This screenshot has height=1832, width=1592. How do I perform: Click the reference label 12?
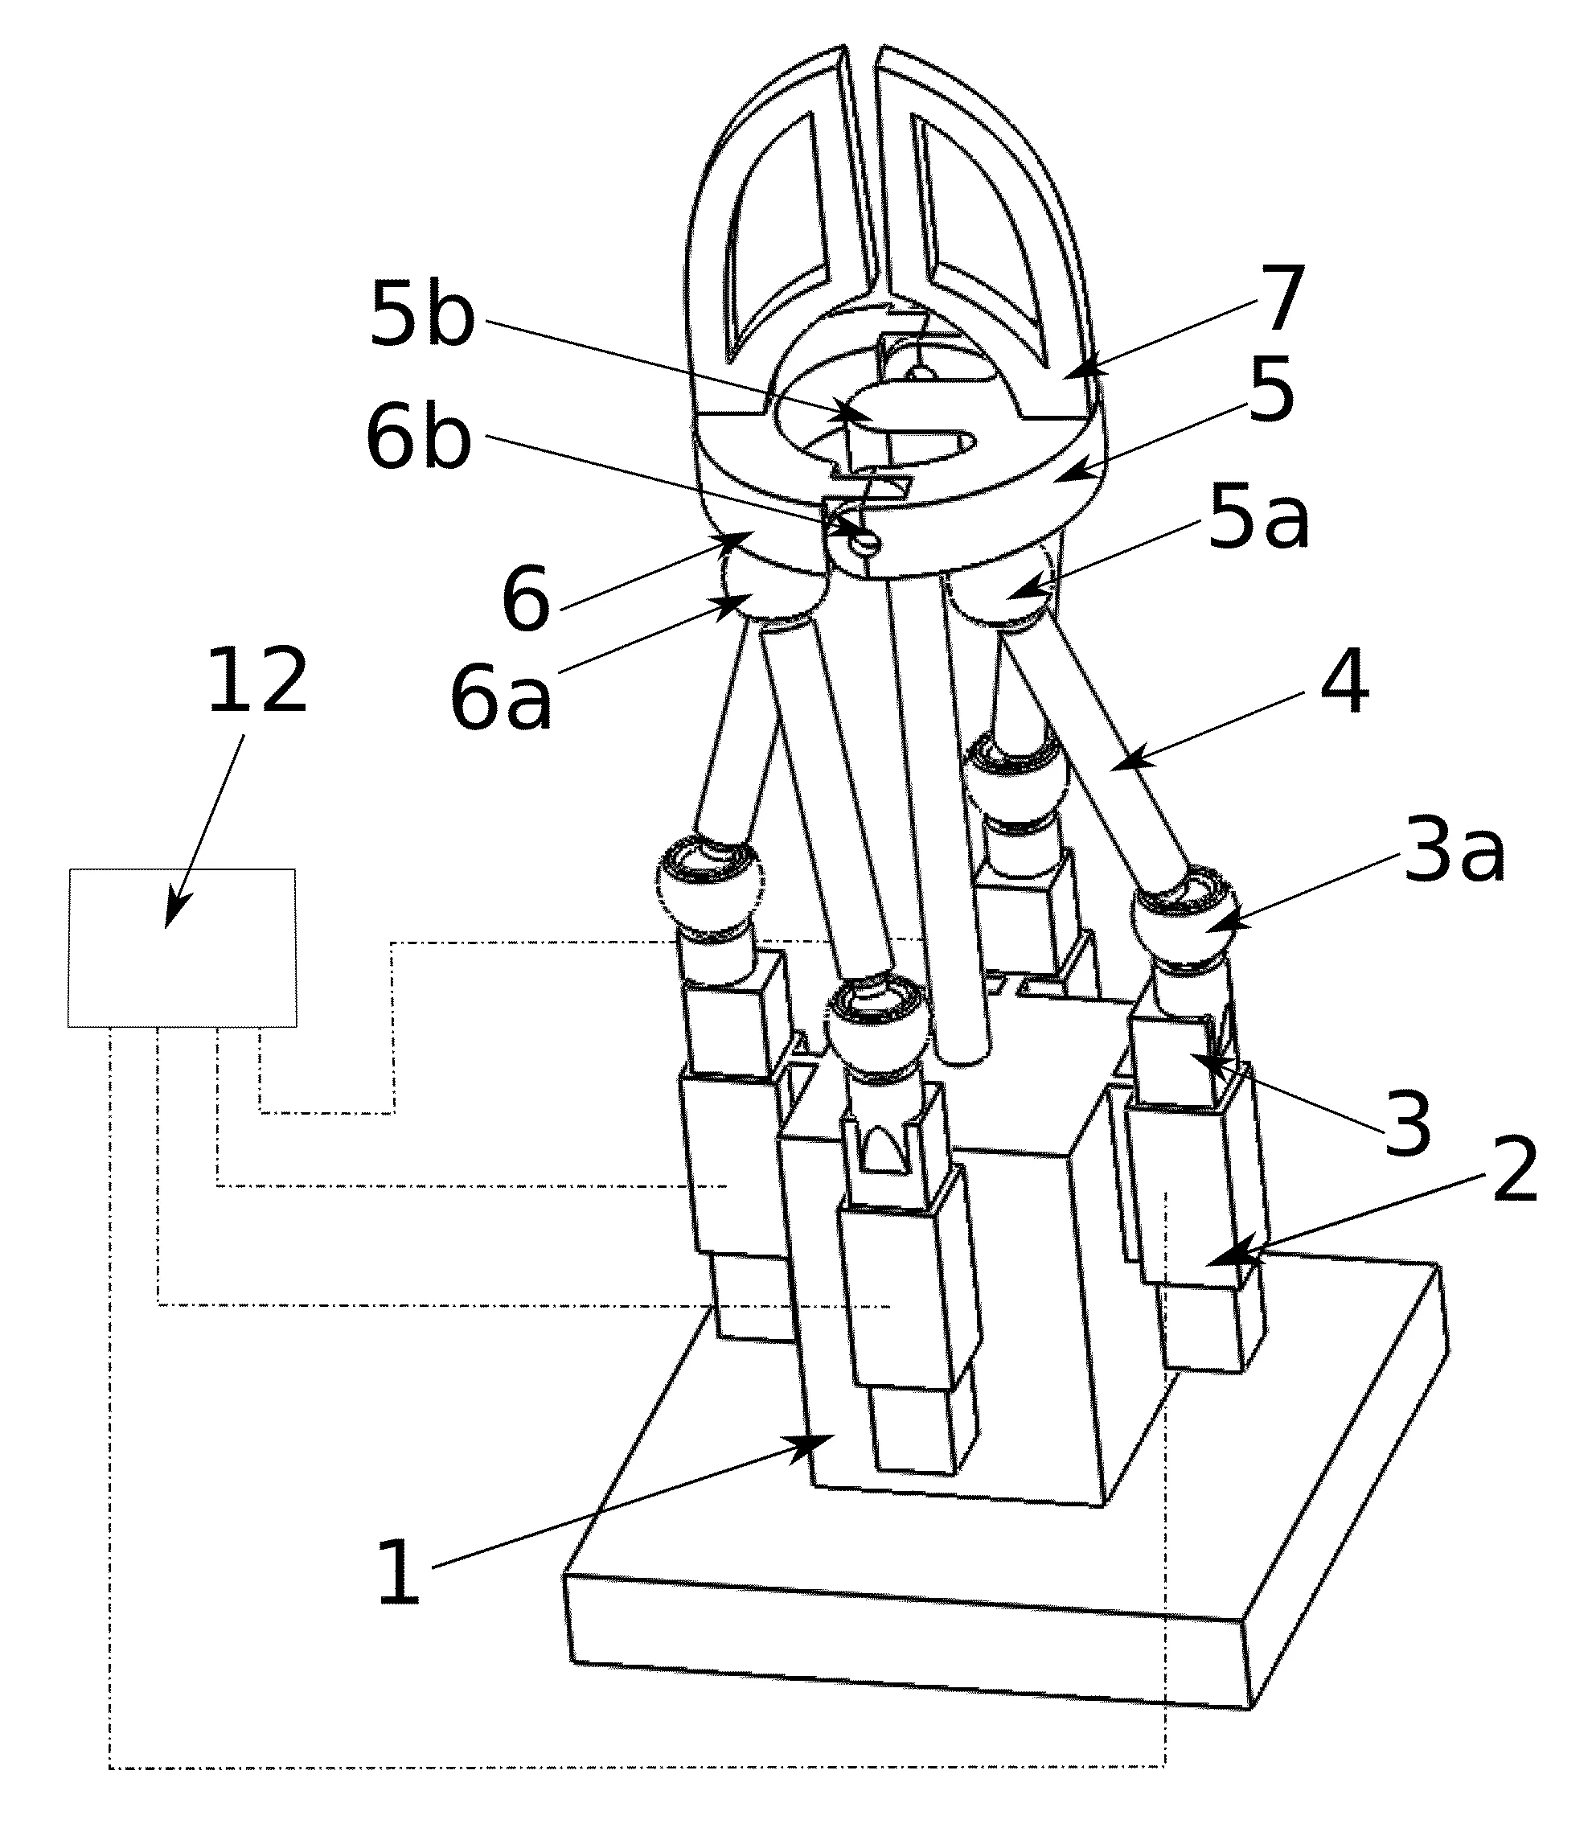point(257,681)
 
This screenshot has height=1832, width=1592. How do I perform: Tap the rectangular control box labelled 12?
point(183,947)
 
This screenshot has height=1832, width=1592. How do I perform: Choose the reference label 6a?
point(502,700)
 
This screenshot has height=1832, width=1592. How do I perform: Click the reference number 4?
point(1344,682)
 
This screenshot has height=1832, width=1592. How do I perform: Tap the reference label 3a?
point(1454,855)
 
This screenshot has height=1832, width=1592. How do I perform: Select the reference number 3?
point(1408,1125)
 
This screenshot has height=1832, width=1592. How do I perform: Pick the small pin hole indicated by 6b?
point(864,538)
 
